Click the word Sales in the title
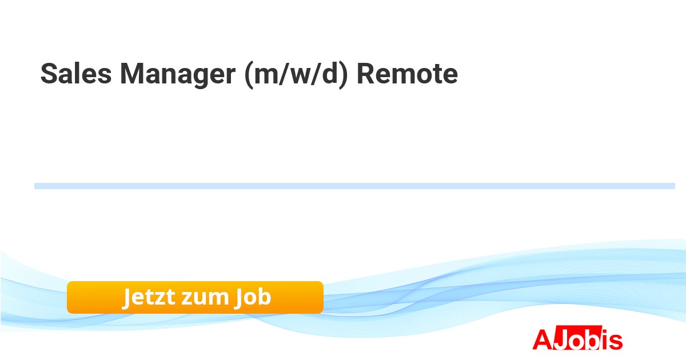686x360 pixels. pos(76,73)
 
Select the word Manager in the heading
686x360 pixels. pos(178,75)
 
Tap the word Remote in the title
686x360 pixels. pos(407,73)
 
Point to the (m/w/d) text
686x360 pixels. pos(297,75)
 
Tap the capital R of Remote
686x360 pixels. pos(368,73)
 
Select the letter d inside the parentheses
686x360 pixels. pos(329,73)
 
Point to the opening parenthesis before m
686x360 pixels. pos(249,75)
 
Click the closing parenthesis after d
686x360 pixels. pos(344,75)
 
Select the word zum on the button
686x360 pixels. pos(205,299)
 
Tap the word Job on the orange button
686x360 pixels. pos(253,297)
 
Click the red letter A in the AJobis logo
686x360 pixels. pos(543,339)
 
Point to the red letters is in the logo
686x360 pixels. pos(611,339)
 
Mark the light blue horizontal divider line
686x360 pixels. pos(354,186)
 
